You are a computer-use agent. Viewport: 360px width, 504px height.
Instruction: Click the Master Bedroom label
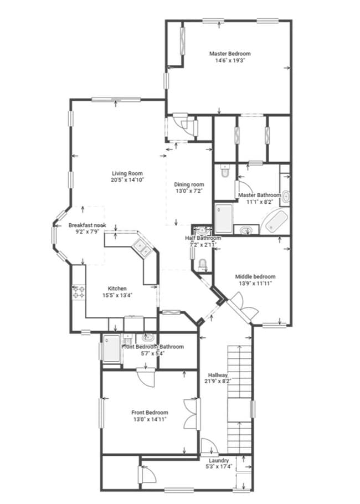(x=229, y=54)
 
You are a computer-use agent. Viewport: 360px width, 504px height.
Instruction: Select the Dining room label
(x=189, y=184)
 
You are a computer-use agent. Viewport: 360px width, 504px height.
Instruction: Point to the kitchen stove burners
(x=78, y=292)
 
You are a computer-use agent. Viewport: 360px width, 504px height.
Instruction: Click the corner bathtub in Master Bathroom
(x=275, y=222)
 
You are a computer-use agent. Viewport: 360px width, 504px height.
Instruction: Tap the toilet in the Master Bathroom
(x=225, y=172)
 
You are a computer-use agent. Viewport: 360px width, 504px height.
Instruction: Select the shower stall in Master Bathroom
(x=224, y=218)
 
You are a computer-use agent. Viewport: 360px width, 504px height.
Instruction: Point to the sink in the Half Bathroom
(x=202, y=230)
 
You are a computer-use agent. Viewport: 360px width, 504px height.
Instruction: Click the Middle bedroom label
(x=255, y=277)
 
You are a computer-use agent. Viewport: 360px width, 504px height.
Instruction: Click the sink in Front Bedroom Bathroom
(x=148, y=337)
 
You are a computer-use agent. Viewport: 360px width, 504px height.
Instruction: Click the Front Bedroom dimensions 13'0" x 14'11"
(x=150, y=419)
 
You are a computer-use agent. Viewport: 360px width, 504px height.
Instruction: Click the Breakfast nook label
(x=87, y=225)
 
